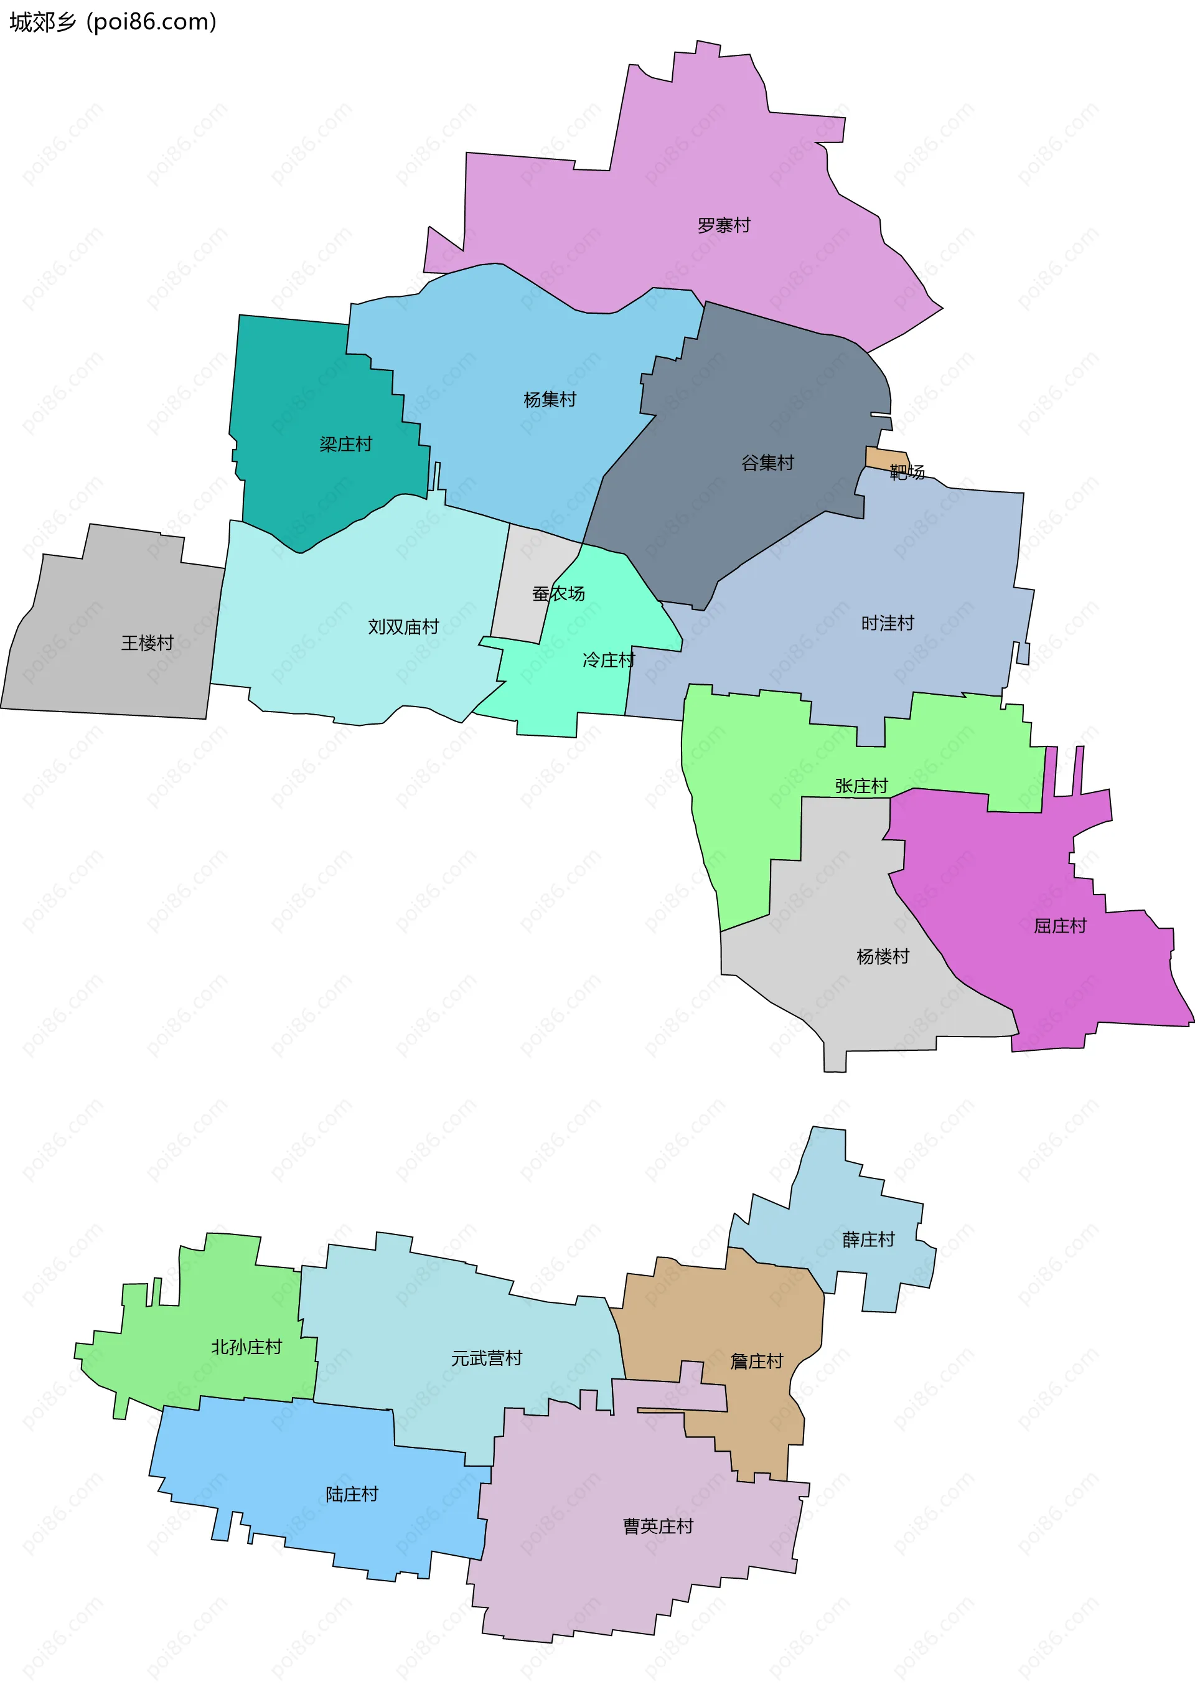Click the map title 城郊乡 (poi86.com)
click(113, 22)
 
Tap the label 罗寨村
click(723, 225)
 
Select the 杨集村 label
click(550, 400)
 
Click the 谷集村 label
click(767, 463)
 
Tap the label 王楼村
click(147, 643)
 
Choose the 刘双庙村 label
click(403, 627)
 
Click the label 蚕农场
click(558, 593)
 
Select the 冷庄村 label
click(608, 660)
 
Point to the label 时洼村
click(888, 623)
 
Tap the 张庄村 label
click(861, 786)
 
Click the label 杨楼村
click(883, 956)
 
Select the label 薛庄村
click(868, 1240)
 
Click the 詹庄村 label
click(756, 1361)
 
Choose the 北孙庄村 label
click(246, 1347)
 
